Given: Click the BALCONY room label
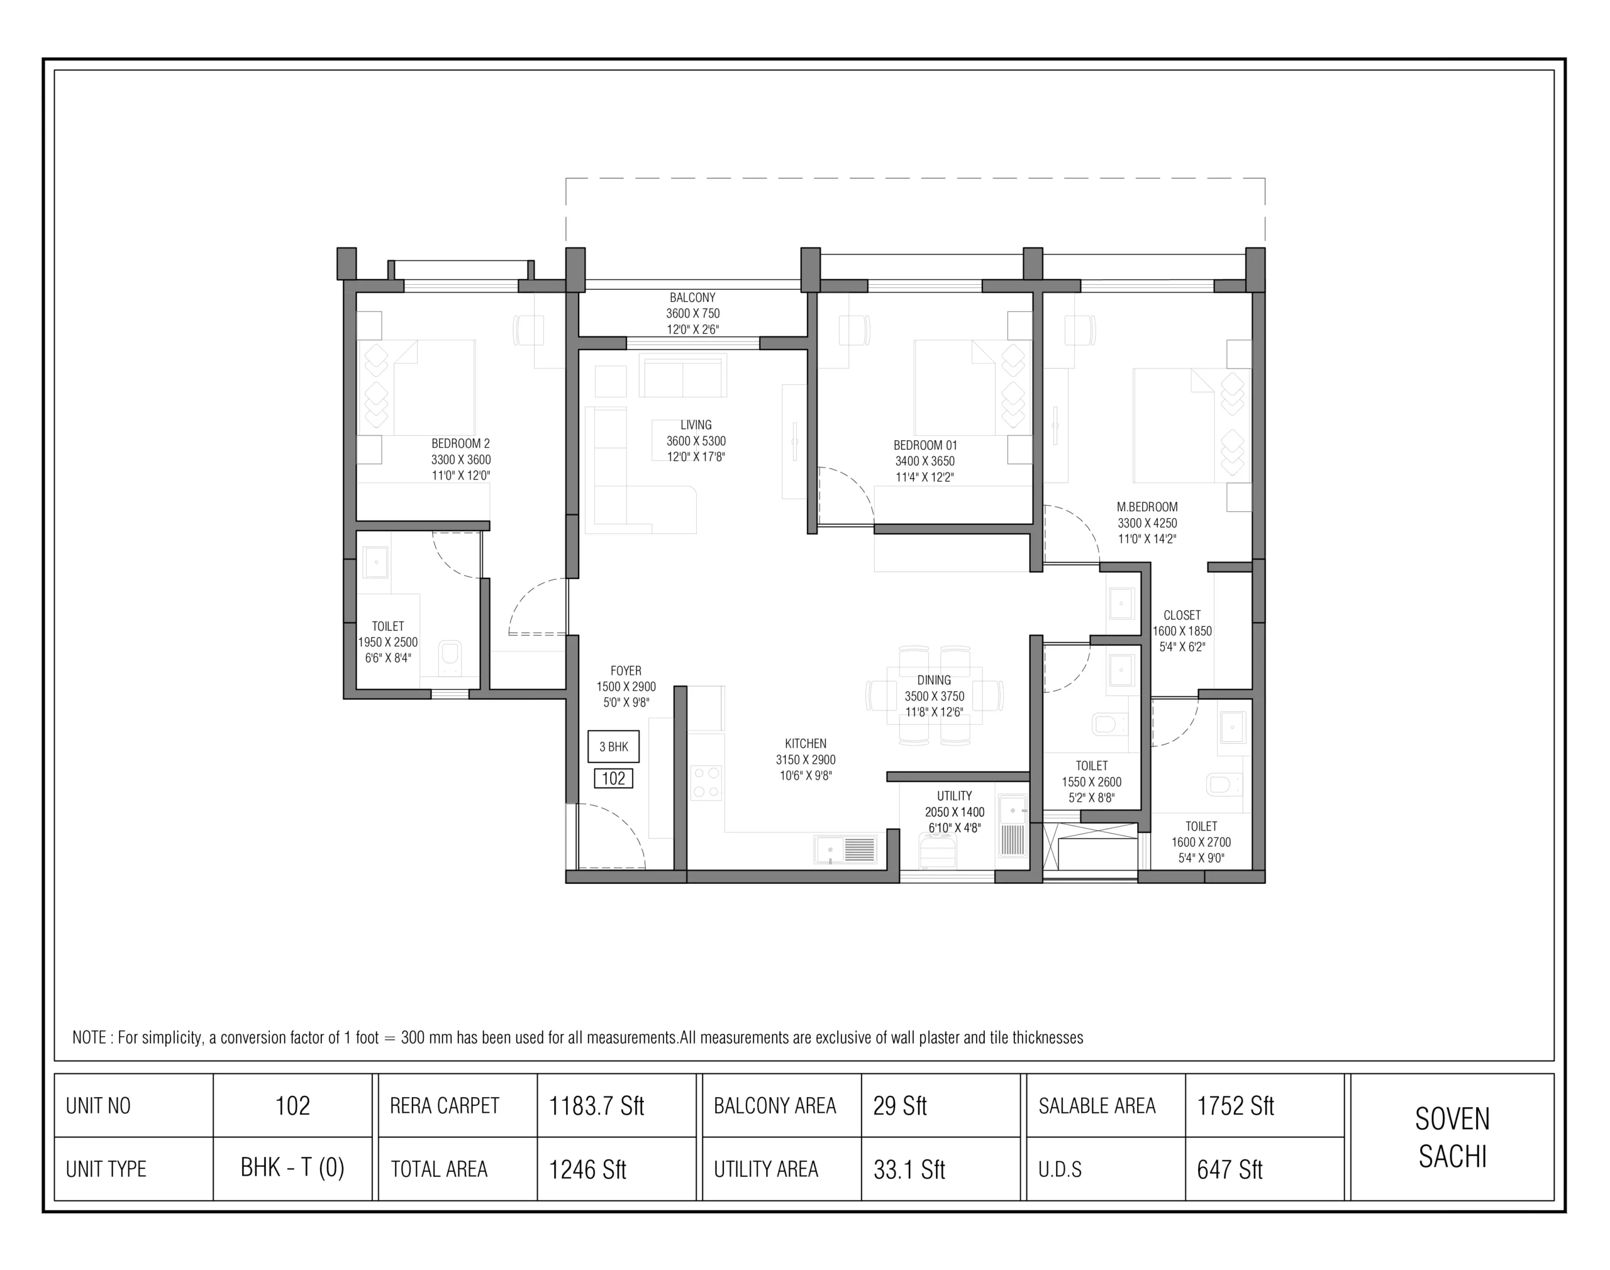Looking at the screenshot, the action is click(x=692, y=297).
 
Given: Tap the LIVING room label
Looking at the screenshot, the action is click(x=696, y=425).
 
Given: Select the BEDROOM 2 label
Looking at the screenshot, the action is click(x=461, y=444).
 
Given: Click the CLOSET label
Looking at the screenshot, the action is click(x=1182, y=616).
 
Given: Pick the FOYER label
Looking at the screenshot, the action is click(x=626, y=671).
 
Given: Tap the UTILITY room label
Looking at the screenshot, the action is click(x=955, y=795).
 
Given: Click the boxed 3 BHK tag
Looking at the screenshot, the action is click(x=614, y=746).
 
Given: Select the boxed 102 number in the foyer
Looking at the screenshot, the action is click(x=614, y=778).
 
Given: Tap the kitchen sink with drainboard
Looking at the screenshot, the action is click(x=847, y=850).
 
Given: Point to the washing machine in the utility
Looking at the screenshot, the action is click(x=938, y=851).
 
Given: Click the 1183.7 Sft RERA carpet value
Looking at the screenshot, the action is click(x=596, y=1107).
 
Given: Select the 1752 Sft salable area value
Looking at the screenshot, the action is click(x=1235, y=1107).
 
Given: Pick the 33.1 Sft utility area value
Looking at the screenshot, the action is click(x=909, y=1169).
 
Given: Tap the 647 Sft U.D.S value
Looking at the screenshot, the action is click(x=1230, y=1169).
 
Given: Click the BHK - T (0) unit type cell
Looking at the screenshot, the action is click(x=292, y=1168).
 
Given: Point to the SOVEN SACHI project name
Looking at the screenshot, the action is click(x=1452, y=1137).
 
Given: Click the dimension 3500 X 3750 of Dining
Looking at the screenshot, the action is click(x=935, y=697).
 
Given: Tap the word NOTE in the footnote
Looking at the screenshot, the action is click(x=89, y=1038).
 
